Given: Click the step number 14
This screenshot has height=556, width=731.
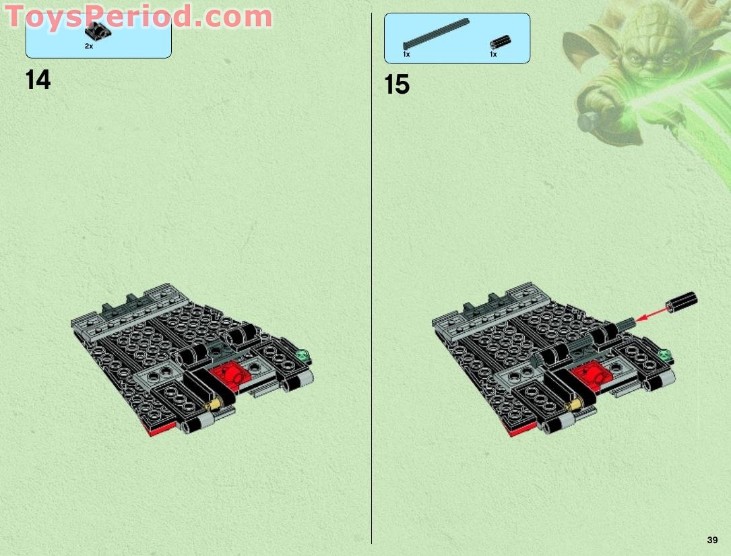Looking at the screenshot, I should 38,80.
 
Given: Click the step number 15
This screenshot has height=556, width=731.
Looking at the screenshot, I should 397,86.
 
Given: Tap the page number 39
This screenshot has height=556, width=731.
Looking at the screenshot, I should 712,540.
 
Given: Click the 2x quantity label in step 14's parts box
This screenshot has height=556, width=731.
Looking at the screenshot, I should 89,46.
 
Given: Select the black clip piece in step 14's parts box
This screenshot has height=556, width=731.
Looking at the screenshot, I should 98,31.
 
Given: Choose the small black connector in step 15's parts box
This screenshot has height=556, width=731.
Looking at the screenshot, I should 499,42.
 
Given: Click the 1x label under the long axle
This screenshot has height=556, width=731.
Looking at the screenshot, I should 406,54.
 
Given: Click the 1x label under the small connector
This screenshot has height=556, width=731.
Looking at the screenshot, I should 493,54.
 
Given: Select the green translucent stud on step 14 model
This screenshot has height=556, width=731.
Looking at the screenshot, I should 303,352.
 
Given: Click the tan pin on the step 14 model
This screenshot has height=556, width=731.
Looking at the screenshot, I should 216,404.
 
